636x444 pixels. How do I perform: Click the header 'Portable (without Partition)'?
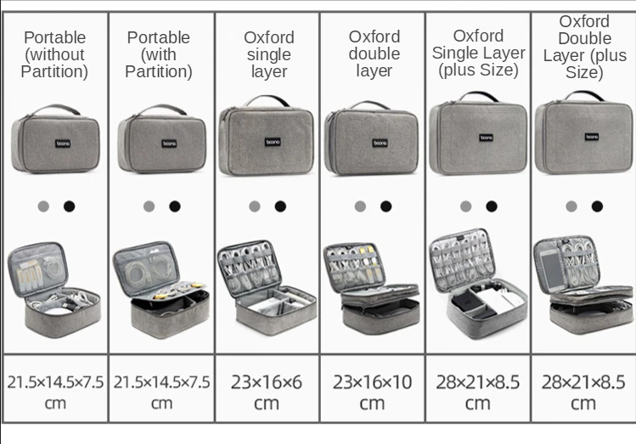click(x=54, y=54)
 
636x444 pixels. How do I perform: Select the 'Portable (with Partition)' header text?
click(x=159, y=54)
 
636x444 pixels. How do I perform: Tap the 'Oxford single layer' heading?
click(x=269, y=54)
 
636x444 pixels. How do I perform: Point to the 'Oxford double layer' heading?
click(x=374, y=53)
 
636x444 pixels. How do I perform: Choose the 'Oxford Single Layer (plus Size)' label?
click(x=478, y=53)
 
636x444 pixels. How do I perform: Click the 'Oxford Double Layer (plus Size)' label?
click(x=584, y=47)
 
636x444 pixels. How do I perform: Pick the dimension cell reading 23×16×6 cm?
click(x=267, y=391)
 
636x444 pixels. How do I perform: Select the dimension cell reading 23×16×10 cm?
click(x=372, y=391)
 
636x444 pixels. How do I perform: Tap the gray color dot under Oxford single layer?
click(x=255, y=206)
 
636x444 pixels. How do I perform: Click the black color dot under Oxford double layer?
click(x=386, y=206)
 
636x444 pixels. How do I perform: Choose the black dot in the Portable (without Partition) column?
click(x=69, y=206)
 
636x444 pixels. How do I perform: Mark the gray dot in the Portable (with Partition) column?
click(x=149, y=206)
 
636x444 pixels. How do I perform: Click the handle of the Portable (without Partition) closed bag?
click(x=56, y=110)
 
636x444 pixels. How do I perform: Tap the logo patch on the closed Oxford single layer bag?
click(x=273, y=142)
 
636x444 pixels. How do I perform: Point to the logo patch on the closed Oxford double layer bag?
click(x=380, y=143)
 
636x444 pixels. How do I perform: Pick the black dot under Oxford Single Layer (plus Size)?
click(x=492, y=206)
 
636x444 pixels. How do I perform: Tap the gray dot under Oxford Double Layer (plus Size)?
click(x=571, y=206)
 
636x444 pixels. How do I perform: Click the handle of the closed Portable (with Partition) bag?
click(x=161, y=110)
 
